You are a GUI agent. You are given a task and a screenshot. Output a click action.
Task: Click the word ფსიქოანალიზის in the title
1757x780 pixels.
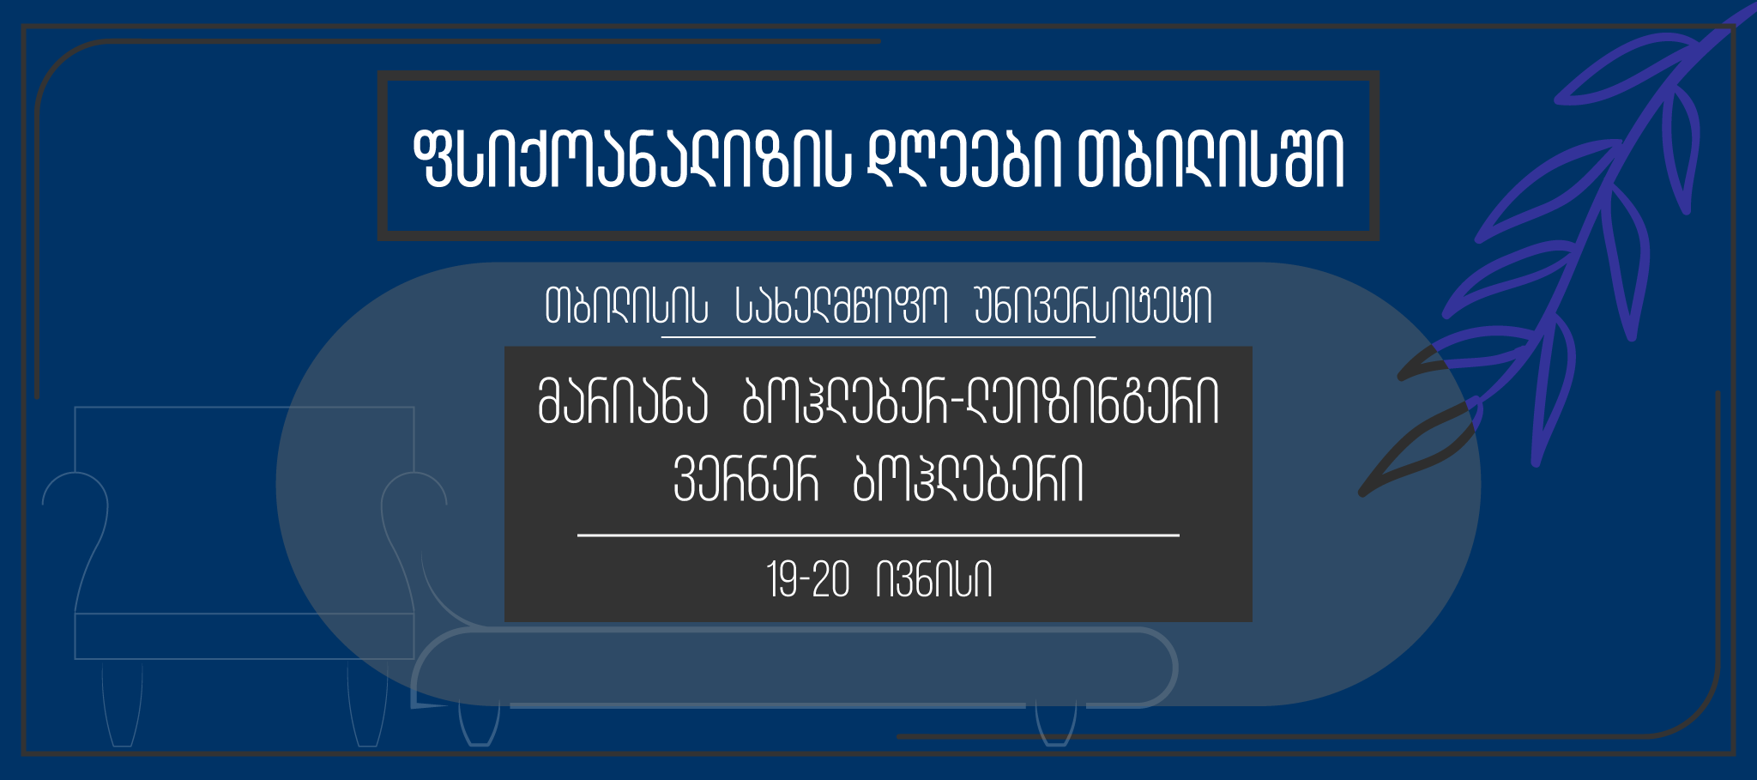[631, 160]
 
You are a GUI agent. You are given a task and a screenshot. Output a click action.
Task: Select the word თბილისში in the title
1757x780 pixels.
[1211, 160]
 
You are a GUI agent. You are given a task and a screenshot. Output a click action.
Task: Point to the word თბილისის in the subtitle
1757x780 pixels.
[626, 306]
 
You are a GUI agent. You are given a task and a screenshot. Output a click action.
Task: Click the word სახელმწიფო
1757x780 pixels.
[842, 306]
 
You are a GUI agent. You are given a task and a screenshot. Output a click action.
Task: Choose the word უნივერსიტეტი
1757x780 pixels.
[1094, 306]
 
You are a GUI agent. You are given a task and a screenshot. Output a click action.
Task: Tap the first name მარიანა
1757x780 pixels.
[623, 402]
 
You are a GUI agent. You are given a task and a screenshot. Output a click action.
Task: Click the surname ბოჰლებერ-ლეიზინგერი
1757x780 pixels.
[981, 402]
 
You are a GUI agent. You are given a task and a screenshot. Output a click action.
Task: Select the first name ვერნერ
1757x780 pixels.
[746, 479]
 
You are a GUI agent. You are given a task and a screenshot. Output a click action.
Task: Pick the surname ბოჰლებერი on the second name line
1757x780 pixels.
[969, 479]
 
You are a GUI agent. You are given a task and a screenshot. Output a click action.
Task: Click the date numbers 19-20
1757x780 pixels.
[808, 580]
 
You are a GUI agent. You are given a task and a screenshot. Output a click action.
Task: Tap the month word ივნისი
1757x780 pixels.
[934, 580]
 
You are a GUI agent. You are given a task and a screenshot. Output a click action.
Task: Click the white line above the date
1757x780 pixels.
[878, 535]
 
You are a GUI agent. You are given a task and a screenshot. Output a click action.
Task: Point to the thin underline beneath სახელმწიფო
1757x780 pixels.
[878, 337]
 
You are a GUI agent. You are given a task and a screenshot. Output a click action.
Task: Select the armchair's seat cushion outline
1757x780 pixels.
[245, 636]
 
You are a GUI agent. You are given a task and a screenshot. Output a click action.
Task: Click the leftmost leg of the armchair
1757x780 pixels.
[122, 704]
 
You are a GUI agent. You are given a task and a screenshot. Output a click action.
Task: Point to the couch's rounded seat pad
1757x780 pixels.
[794, 668]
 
